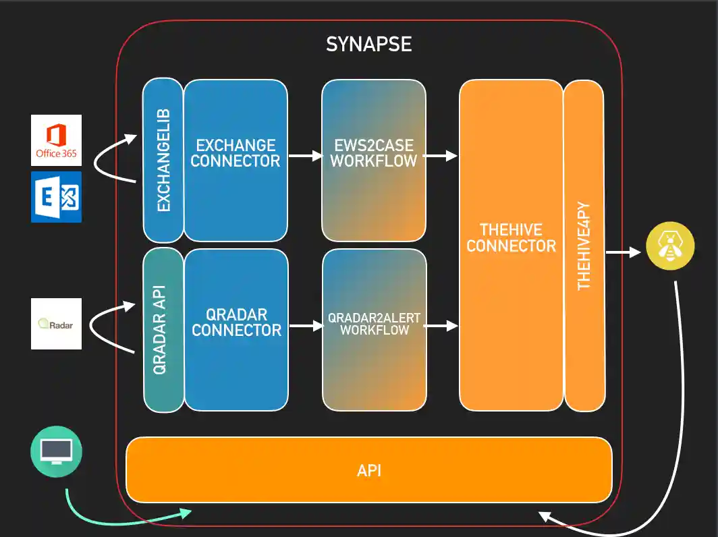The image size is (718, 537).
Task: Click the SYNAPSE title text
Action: coord(368,45)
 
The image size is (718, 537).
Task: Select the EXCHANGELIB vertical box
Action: coord(163,160)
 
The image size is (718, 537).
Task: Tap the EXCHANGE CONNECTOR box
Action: coord(236,160)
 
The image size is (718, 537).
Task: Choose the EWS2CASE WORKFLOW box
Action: coord(373,160)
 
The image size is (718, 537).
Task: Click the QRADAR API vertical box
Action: coord(163,330)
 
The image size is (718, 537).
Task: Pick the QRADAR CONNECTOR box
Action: coord(236,330)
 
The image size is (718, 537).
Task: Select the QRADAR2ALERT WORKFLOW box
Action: coord(374,330)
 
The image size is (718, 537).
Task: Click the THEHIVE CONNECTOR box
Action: coord(511,244)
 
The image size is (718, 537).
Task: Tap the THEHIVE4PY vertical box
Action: coord(584,244)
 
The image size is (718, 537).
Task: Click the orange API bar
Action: coord(369,470)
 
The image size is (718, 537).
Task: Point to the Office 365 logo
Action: coord(56,140)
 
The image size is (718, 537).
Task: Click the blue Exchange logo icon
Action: coord(56,197)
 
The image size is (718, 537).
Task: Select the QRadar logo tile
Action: coord(56,324)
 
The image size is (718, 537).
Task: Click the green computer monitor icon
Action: coord(56,451)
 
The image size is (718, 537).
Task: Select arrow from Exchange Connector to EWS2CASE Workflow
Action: coord(305,156)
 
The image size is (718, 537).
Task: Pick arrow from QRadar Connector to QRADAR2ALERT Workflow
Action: coord(305,326)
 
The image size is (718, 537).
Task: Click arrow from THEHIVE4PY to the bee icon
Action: coord(622,253)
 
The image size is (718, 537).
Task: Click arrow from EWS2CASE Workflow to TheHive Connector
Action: coord(442,156)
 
